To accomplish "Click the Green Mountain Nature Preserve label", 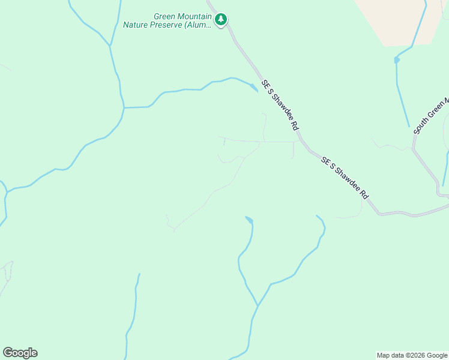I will [x=167, y=21].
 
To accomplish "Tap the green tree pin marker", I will [x=221, y=19].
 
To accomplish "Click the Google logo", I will [x=20, y=353].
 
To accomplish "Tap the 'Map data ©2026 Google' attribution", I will [x=412, y=355].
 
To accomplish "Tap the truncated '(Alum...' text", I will [x=199, y=25].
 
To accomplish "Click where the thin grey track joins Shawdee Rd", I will [x=298, y=142].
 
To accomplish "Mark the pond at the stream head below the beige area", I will [x=397, y=60].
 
